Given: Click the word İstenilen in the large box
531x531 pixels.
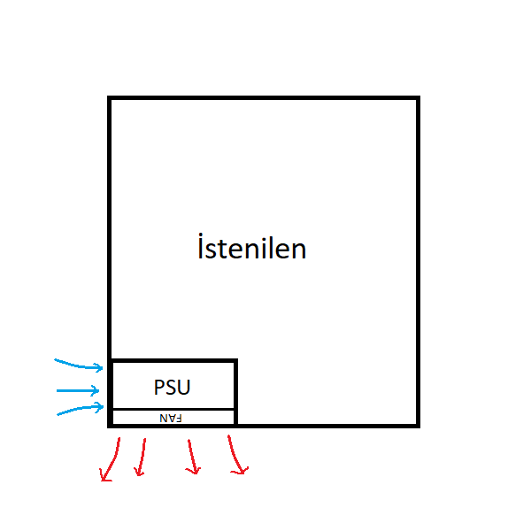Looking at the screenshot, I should click(252, 248).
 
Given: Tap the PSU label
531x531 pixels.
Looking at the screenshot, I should click(172, 387).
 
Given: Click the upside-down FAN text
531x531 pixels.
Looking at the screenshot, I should click(171, 418).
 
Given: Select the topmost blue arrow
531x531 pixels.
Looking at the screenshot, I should click(80, 364).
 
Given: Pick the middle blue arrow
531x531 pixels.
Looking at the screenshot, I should click(80, 389).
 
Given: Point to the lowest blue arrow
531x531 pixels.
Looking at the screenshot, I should click(81, 410).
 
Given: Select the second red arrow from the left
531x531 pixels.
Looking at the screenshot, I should click(141, 457).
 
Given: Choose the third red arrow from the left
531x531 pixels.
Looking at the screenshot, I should click(190, 456).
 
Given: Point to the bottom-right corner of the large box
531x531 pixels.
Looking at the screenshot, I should click(417, 425).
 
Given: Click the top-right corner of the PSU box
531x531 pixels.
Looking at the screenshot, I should click(235, 361).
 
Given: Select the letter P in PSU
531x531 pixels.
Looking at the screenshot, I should click(158, 387).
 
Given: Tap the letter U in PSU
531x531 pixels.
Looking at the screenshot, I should click(184, 387).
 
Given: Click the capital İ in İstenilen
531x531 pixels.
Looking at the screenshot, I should click(201, 247).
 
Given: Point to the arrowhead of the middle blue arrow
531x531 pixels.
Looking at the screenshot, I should click(99, 389).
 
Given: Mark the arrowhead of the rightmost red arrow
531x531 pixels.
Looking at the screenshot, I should click(239, 470).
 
